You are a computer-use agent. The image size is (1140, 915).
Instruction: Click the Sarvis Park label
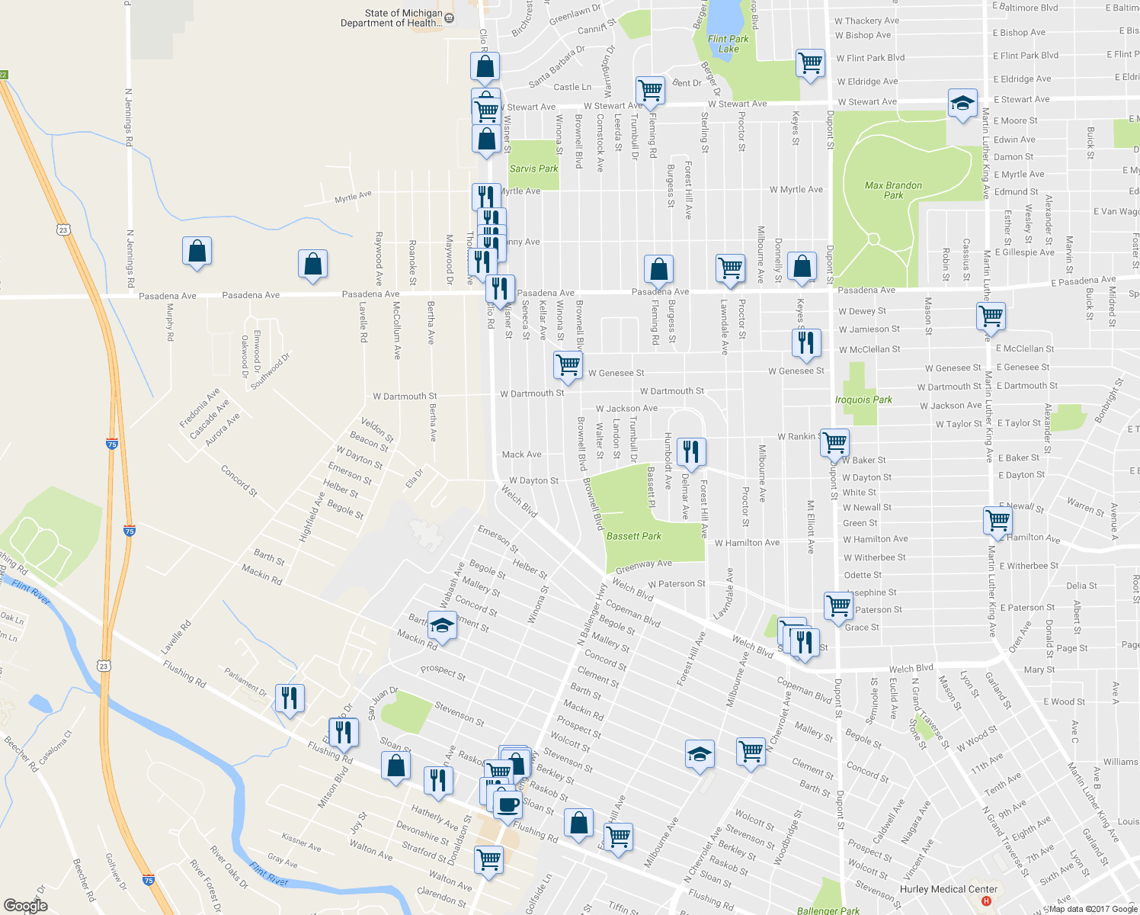point(533,169)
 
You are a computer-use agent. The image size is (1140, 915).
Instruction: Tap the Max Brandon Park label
point(893,190)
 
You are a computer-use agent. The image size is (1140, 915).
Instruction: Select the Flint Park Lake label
point(728,43)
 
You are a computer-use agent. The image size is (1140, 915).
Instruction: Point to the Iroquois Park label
point(863,400)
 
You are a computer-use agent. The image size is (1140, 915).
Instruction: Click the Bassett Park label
point(633,536)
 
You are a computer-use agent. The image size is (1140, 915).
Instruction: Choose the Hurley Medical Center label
point(948,889)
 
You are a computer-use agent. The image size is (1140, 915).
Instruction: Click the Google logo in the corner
point(25,906)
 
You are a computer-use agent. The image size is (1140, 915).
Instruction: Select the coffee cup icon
point(508,804)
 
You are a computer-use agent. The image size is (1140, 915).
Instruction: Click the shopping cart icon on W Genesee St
point(568,364)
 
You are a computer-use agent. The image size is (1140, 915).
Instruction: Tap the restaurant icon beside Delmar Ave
point(690,451)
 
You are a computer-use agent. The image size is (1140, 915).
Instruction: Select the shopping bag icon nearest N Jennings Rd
point(197,251)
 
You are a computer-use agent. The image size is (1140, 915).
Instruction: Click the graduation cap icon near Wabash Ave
point(442,626)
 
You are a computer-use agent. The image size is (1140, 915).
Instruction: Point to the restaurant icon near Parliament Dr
point(290,698)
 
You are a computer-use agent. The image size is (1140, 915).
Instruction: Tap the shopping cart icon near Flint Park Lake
point(810,63)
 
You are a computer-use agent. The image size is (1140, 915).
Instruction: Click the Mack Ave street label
point(521,454)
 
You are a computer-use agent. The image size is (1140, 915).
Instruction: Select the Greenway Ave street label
point(643,565)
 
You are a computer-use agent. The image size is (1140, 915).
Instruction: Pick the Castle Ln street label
point(572,87)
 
